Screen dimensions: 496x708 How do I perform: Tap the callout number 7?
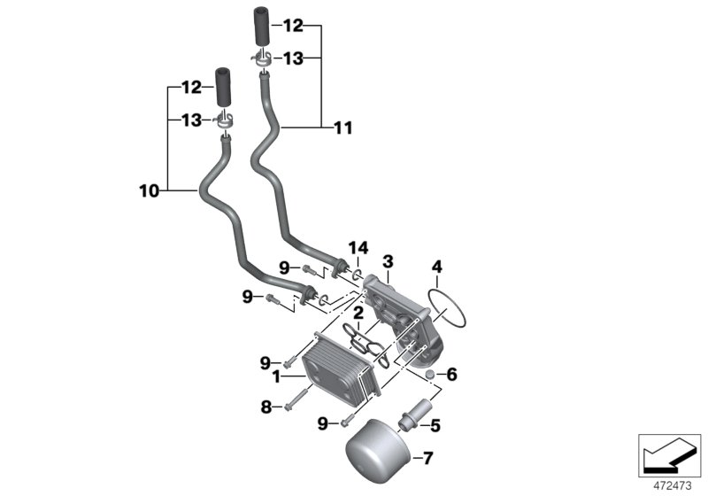(427, 458)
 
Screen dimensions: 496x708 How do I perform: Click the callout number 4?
(435, 267)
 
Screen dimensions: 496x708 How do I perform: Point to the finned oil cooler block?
(340, 372)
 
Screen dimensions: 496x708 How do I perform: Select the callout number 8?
(264, 407)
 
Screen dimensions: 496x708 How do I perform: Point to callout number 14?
(357, 246)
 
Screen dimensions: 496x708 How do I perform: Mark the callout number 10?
(150, 190)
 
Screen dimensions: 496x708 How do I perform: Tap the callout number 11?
(342, 128)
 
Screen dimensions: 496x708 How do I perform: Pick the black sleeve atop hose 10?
(223, 87)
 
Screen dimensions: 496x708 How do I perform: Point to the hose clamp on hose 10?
(226, 120)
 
